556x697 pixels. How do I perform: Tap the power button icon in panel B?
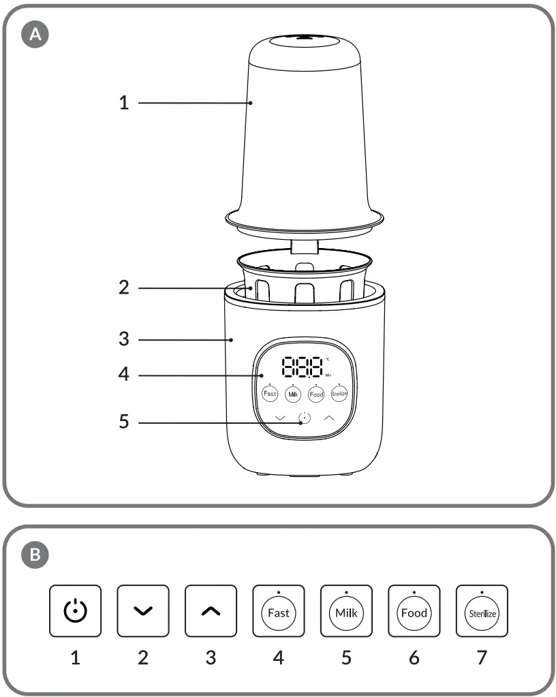[x=75, y=611]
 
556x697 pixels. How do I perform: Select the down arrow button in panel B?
[x=142, y=611]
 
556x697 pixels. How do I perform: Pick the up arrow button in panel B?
[x=211, y=611]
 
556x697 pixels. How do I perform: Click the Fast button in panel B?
[x=278, y=612]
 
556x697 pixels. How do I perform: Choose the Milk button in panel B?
[x=346, y=612]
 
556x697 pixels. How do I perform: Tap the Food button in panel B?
[x=414, y=612]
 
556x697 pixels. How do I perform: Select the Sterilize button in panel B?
[x=482, y=612]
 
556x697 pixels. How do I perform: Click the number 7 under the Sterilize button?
[x=482, y=657]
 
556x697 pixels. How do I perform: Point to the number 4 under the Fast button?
[x=278, y=657]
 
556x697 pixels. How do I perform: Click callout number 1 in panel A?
[x=123, y=104]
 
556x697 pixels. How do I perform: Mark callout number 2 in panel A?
[x=123, y=288]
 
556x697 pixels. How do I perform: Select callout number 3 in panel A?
[x=123, y=339]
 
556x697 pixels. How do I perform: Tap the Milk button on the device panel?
[x=293, y=394]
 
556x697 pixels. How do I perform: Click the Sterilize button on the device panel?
[x=339, y=394]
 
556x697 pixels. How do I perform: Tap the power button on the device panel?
[x=304, y=419]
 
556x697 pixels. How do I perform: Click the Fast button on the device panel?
[x=271, y=394]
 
